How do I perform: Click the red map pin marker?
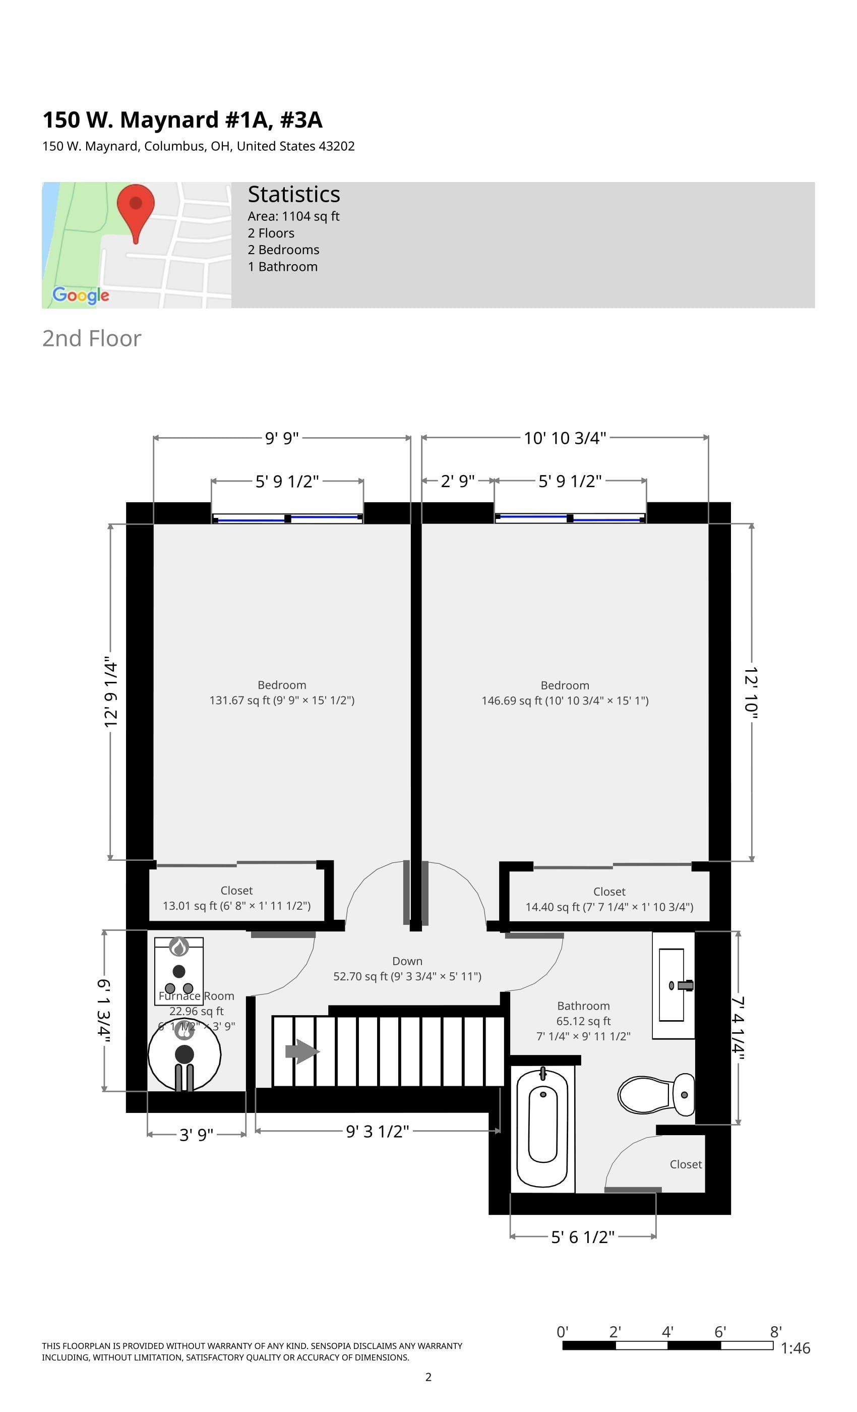[136, 209]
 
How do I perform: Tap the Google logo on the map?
[81, 295]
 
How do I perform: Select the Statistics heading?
[293, 194]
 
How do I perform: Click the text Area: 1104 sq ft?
[293, 216]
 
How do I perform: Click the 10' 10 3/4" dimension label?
[564, 438]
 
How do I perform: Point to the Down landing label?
[407, 968]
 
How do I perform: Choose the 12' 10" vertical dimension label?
[751, 692]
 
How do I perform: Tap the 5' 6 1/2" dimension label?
[582, 1237]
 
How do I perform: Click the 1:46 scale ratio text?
[795, 1348]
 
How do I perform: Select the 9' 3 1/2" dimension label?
[377, 1131]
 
